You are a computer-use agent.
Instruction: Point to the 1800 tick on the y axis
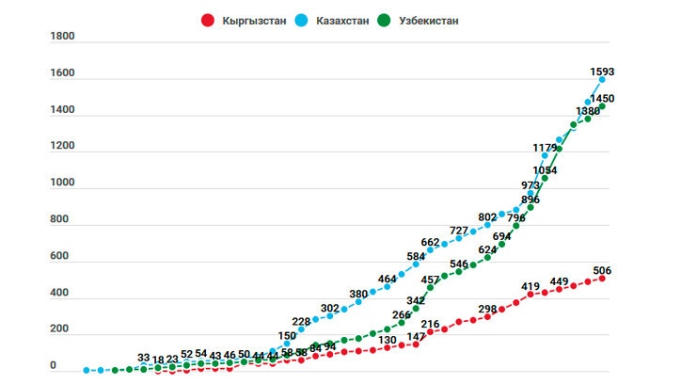pyautogui.click(x=62, y=37)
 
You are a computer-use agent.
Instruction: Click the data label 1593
pyautogui.click(x=602, y=71)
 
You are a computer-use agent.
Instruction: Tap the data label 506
pyautogui.click(x=602, y=270)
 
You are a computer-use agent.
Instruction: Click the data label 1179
pyautogui.click(x=546, y=148)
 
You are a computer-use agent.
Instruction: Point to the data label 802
pyautogui.click(x=487, y=217)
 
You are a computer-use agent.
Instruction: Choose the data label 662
pyautogui.click(x=430, y=242)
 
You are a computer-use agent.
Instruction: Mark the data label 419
pyautogui.click(x=531, y=285)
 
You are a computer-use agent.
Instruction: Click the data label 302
pyautogui.click(x=329, y=308)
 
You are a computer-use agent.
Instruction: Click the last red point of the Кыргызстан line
pyautogui.click(x=602, y=278)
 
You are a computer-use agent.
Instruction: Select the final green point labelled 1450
pyautogui.click(x=602, y=106)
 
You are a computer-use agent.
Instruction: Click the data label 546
pyautogui.click(x=459, y=264)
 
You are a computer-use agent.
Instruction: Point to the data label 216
pyautogui.click(x=430, y=325)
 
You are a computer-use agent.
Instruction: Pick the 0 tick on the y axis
pyautogui.click(x=55, y=365)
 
